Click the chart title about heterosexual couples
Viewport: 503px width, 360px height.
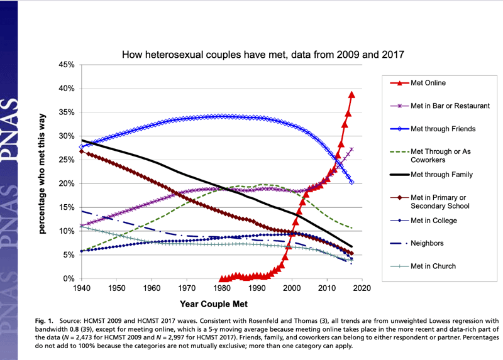pyautogui.click(x=263, y=55)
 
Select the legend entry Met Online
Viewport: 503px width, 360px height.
pyautogui.click(x=428, y=82)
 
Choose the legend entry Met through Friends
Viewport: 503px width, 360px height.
pyautogui.click(x=442, y=129)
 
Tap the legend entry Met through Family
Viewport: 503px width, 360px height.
pyautogui.click(x=441, y=175)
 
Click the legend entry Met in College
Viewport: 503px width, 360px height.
pyautogui.click(x=433, y=221)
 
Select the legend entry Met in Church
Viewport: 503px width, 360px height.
pyautogui.click(x=433, y=266)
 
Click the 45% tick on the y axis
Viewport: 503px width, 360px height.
pyautogui.click(x=67, y=65)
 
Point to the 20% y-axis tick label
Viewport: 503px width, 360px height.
pyautogui.click(x=67, y=183)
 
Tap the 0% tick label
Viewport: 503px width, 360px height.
pyautogui.click(x=69, y=278)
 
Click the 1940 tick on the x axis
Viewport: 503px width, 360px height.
pyautogui.click(x=81, y=288)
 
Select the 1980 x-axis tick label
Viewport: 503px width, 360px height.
pyautogui.click(x=221, y=288)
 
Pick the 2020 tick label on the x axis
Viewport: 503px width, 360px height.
pyautogui.click(x=361, y=288)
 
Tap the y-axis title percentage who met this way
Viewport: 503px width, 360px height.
pyautogui.click(x=42, y=171)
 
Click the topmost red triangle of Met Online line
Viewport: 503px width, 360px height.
pyautogui.click(x=351, y=94)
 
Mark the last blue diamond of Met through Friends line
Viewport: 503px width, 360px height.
pyautogui.click(x=351, y=182)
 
